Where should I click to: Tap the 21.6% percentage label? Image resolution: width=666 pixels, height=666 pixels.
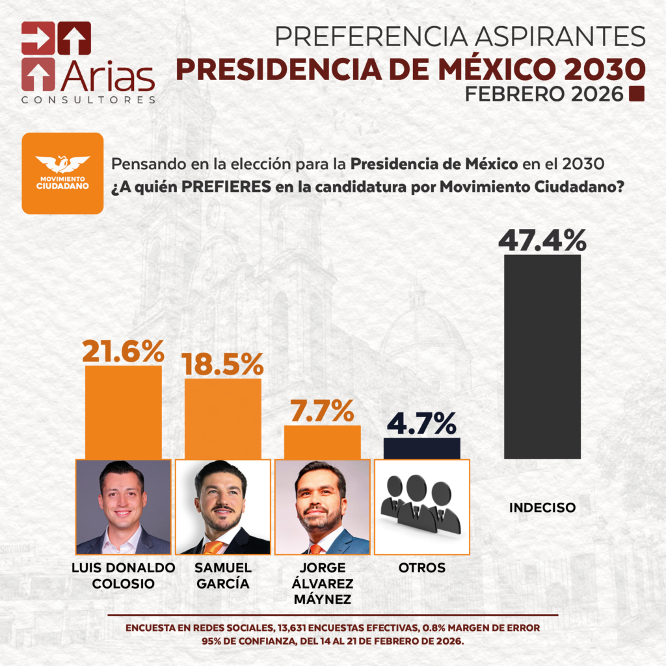tap(123, 352)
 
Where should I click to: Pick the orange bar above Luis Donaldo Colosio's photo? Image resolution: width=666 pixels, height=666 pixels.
tap(123, 412)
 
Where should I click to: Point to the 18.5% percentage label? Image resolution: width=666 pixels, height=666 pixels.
tap(222, 365)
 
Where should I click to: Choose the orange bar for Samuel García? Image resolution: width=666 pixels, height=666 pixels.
tap(222, 419)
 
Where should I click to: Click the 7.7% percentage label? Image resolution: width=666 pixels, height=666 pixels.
tap(322, 412)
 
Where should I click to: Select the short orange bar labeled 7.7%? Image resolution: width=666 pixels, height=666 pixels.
tap(322, 442)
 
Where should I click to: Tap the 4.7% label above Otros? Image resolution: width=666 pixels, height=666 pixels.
tap(421, 424)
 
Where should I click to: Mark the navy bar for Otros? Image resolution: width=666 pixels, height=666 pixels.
tap(421, 448)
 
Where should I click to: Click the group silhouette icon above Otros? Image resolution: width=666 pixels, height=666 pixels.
tap(421, 505)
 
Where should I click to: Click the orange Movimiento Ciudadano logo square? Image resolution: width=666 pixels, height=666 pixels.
tap(62, 173)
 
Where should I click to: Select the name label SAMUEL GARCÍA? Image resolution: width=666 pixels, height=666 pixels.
tap(222, 576)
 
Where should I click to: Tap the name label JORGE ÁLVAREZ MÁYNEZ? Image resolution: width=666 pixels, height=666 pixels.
tap(322, 583)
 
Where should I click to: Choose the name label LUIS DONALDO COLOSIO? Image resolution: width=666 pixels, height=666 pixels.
tap(123, 576)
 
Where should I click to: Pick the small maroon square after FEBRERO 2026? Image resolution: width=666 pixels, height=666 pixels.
tap(637, 94)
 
